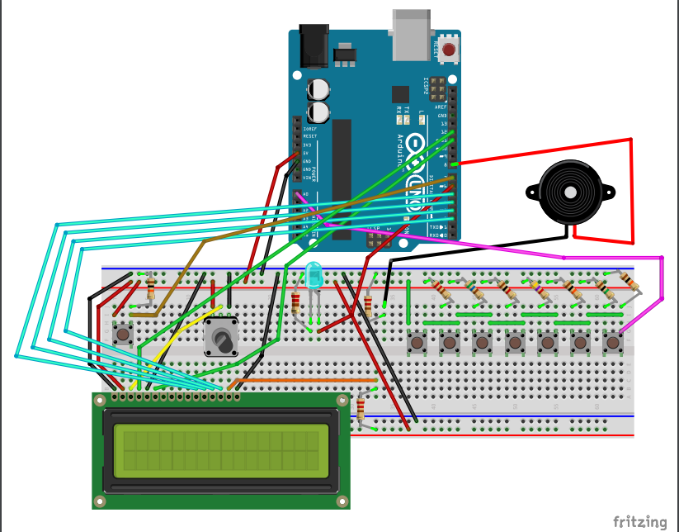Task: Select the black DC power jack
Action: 314,45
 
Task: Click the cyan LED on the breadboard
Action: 314,275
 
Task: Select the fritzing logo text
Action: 640,521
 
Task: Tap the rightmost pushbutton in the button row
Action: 612,341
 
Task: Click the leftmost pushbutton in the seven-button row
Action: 417,341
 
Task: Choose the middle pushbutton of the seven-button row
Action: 515,341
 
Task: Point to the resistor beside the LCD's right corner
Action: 361,408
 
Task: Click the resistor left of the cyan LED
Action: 297,303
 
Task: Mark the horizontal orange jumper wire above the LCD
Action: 305,381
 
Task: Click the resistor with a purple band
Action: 541,290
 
